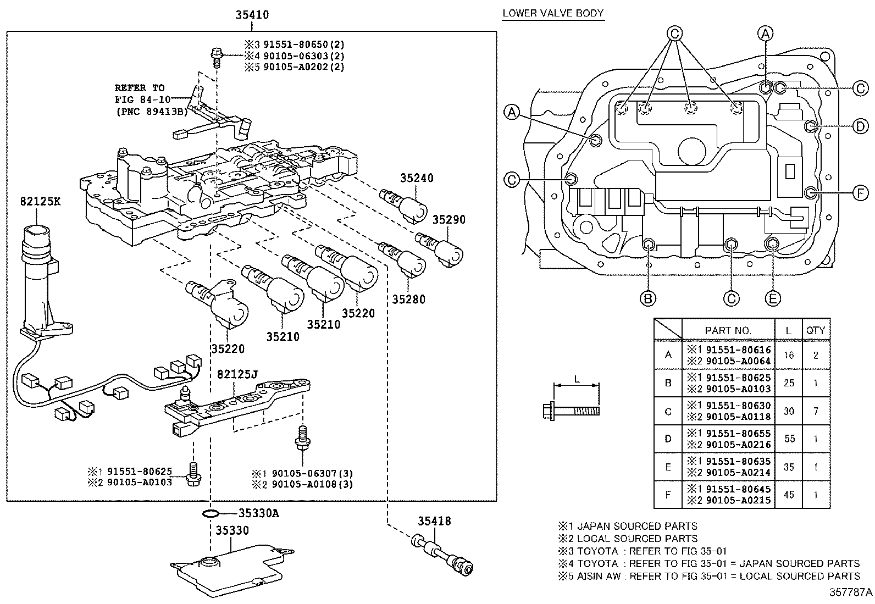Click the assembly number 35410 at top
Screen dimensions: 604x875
point(252,15)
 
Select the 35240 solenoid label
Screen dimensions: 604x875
point(417,178)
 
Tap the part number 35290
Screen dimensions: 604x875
point(448,220)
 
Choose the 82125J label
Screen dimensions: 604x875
point(237,374)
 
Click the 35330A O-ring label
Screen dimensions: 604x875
point(258,513)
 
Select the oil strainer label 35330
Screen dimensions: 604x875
point(232,530)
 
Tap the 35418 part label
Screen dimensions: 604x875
point(434,520)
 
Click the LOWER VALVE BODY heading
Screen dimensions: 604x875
point(553,13)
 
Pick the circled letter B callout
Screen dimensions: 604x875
point(648,298)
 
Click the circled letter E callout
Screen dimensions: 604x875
point(772,298)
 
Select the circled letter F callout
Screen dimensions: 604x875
point(860,192)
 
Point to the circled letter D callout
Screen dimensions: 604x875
point(860,126)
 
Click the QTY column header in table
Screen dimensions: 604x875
point(815,330)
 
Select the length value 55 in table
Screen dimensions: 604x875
point(788,439)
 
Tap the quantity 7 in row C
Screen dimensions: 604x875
point(815,411)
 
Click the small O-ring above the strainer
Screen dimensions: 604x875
point(209,514)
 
